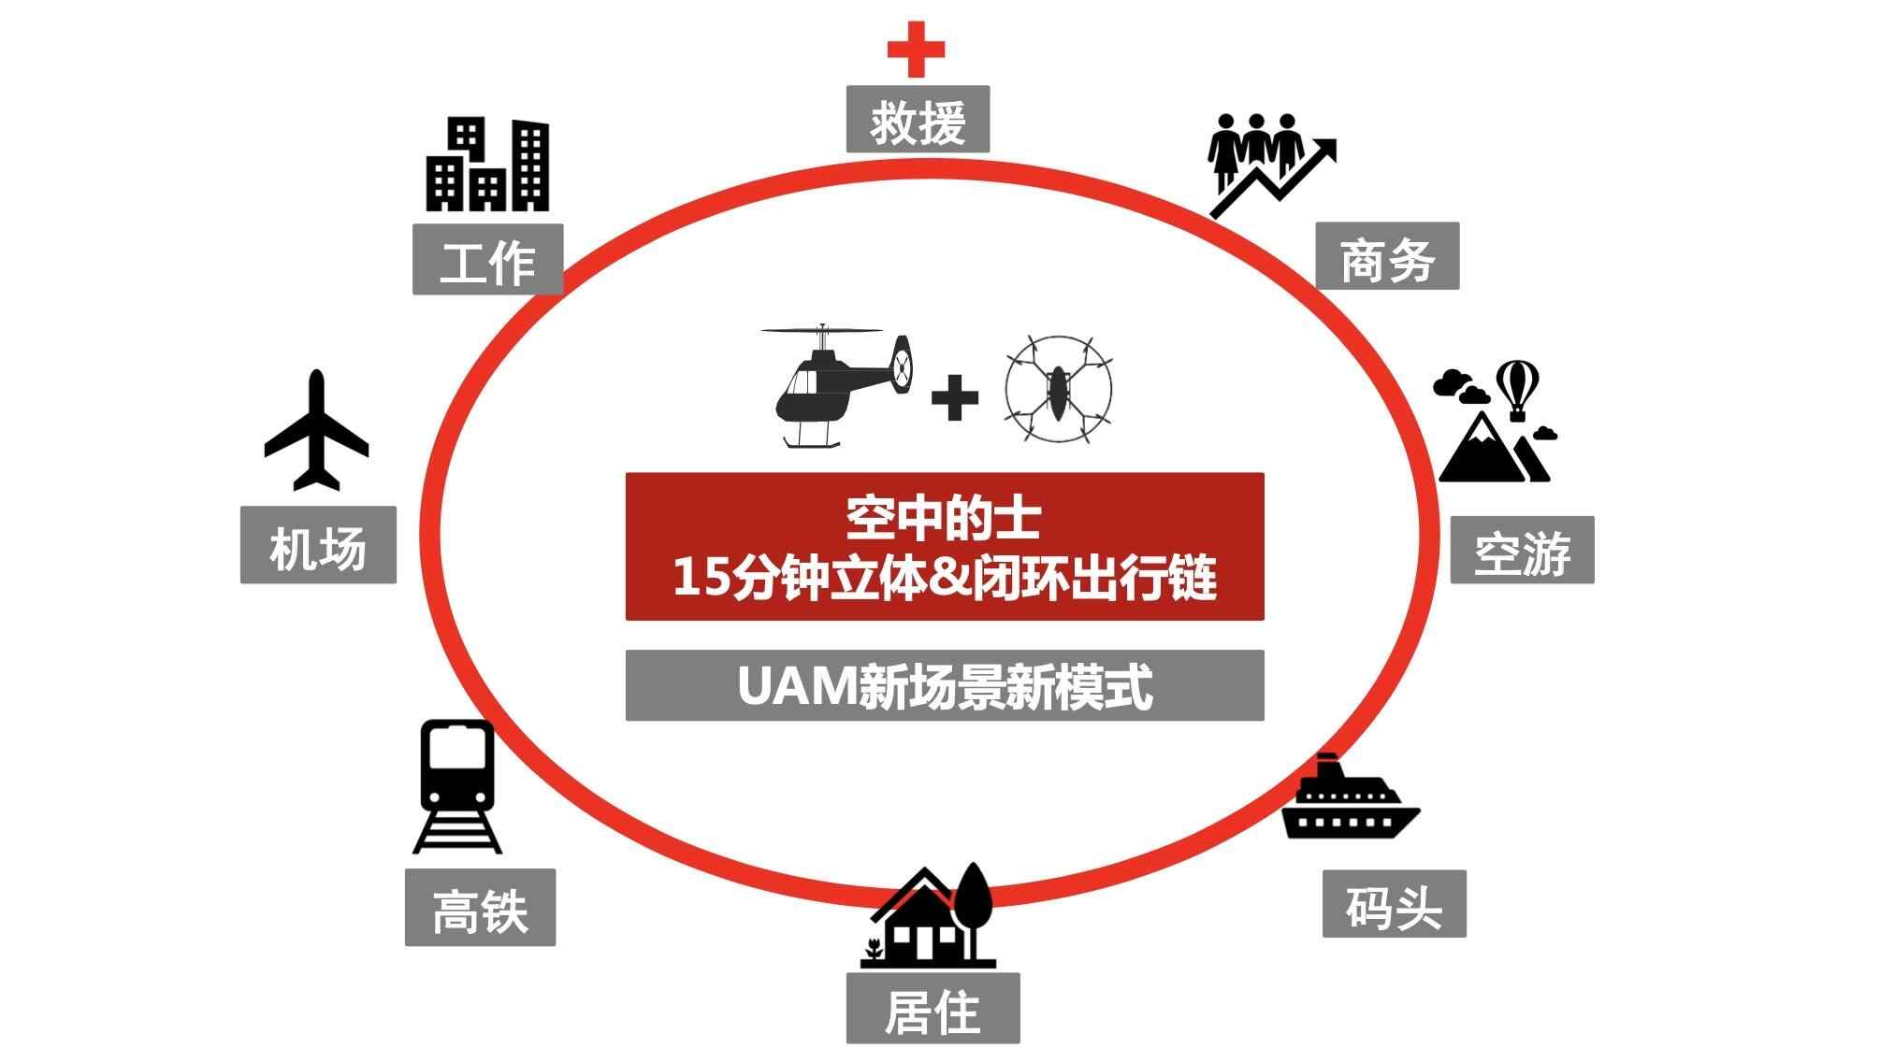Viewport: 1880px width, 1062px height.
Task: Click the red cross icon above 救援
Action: coord(916,49)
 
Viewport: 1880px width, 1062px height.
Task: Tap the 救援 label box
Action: coord(918,120)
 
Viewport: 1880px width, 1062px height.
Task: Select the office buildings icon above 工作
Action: coord(487,165)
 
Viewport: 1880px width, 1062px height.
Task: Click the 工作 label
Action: coord(487,260)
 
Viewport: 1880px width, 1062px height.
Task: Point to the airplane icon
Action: coord(316,431)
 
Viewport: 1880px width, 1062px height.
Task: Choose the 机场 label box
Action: coord(318,546)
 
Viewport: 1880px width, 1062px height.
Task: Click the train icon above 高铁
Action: coord(457,785)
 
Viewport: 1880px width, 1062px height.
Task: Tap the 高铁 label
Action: coord(480,908)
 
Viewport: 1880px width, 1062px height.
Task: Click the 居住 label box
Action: coord(933,1009)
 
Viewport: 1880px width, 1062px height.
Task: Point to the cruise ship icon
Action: coord(1350,800)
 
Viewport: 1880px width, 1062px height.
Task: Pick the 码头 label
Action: coord(1394,904)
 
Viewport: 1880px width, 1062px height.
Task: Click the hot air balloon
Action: coord(1517,385)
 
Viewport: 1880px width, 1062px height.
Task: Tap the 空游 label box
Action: coord(1522,551)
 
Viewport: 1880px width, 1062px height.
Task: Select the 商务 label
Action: coord(1387,256)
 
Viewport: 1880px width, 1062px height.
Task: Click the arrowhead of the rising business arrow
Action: coord(1325,150)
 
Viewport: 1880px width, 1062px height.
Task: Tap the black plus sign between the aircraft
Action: coord(955,397)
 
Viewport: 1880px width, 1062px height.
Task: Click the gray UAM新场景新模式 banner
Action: coord(945,685)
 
